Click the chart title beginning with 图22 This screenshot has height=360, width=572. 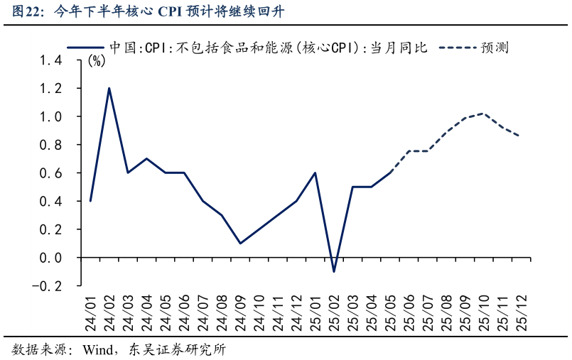click(x=150, y=12)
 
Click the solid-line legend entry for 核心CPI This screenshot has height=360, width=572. click(x=249, y=48)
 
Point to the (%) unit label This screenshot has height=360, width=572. click(x=97, y=61)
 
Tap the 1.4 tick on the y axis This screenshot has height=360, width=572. click(x=51, y=60)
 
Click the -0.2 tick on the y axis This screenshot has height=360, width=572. click(x=48, y=286)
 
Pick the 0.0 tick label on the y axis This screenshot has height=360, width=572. click(x=51, y=258)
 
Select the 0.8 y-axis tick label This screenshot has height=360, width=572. click(x=51, y=145)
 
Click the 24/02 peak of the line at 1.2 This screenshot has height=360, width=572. click(x=109, y=88)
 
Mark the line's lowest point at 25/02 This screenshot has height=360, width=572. click(x=333, y=272)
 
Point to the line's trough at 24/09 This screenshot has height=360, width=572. click(x=240, y=244)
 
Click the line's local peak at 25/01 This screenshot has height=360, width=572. click(x=315, y=173)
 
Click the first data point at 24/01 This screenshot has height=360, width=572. click(x=90, y=201)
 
